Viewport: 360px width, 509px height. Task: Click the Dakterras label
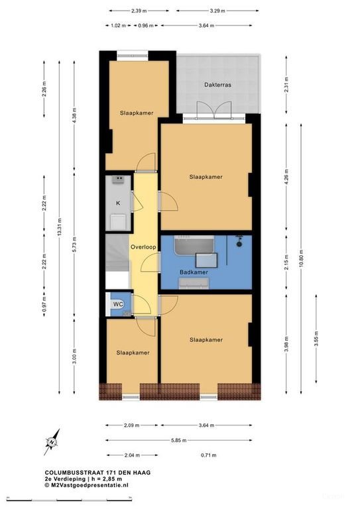217,85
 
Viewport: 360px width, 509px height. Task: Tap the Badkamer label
194,272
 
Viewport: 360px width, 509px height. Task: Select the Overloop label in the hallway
143,247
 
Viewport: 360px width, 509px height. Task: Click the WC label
118,304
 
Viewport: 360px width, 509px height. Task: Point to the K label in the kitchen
118,203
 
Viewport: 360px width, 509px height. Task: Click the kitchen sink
119,180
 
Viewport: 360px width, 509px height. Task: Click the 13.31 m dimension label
59,227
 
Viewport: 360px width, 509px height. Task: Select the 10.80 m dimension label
301,258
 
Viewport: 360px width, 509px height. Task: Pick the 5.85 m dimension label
178,441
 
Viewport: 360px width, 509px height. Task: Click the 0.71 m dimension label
208,455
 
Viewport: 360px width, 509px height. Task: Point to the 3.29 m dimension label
217,11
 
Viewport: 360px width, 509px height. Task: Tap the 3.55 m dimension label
316,339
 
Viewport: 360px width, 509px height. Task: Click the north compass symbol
52,442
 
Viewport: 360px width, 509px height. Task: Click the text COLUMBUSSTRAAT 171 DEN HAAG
97,473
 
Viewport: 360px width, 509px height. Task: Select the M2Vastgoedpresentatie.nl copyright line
86,485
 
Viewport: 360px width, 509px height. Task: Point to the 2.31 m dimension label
286,85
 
